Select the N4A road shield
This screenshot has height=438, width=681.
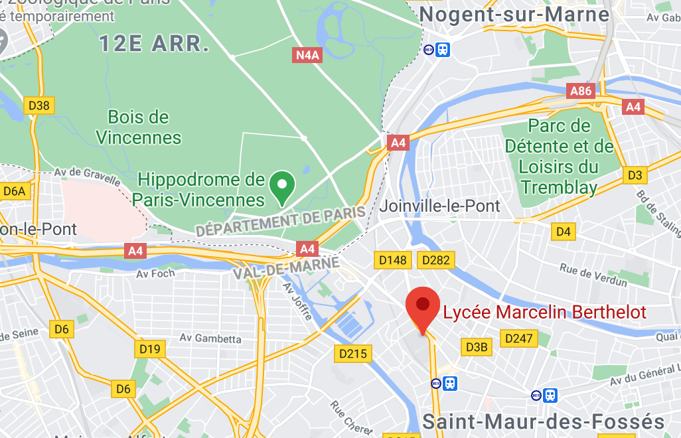307,55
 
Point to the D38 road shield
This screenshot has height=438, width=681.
40,105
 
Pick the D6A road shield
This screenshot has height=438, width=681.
14,192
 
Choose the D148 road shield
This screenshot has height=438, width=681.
392,259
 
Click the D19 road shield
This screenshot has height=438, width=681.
150,348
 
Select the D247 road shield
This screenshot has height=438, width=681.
518,338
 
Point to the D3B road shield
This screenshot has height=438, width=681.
477,346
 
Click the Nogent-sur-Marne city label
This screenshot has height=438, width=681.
514,14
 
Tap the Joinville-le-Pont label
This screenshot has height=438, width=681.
439,206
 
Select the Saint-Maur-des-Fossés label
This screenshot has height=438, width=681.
543,421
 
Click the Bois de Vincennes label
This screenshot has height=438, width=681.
139,127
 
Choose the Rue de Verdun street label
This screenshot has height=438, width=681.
593,275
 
